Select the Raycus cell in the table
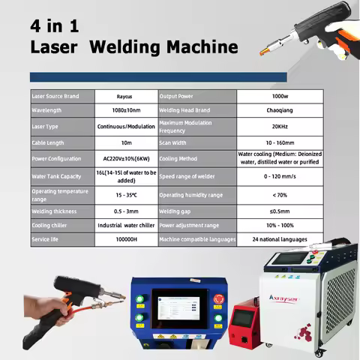(x=125, y=97)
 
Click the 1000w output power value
(x=280, y=97)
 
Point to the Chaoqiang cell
(x=280, y=111)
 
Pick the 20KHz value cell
(x=280, y=126)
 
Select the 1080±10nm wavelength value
(x=125, y=111)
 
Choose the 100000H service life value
(x=125, y=239)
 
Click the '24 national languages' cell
(x=280, y=239)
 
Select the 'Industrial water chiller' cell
(x=125, y=225)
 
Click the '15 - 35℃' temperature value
(x=125, y=195)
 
